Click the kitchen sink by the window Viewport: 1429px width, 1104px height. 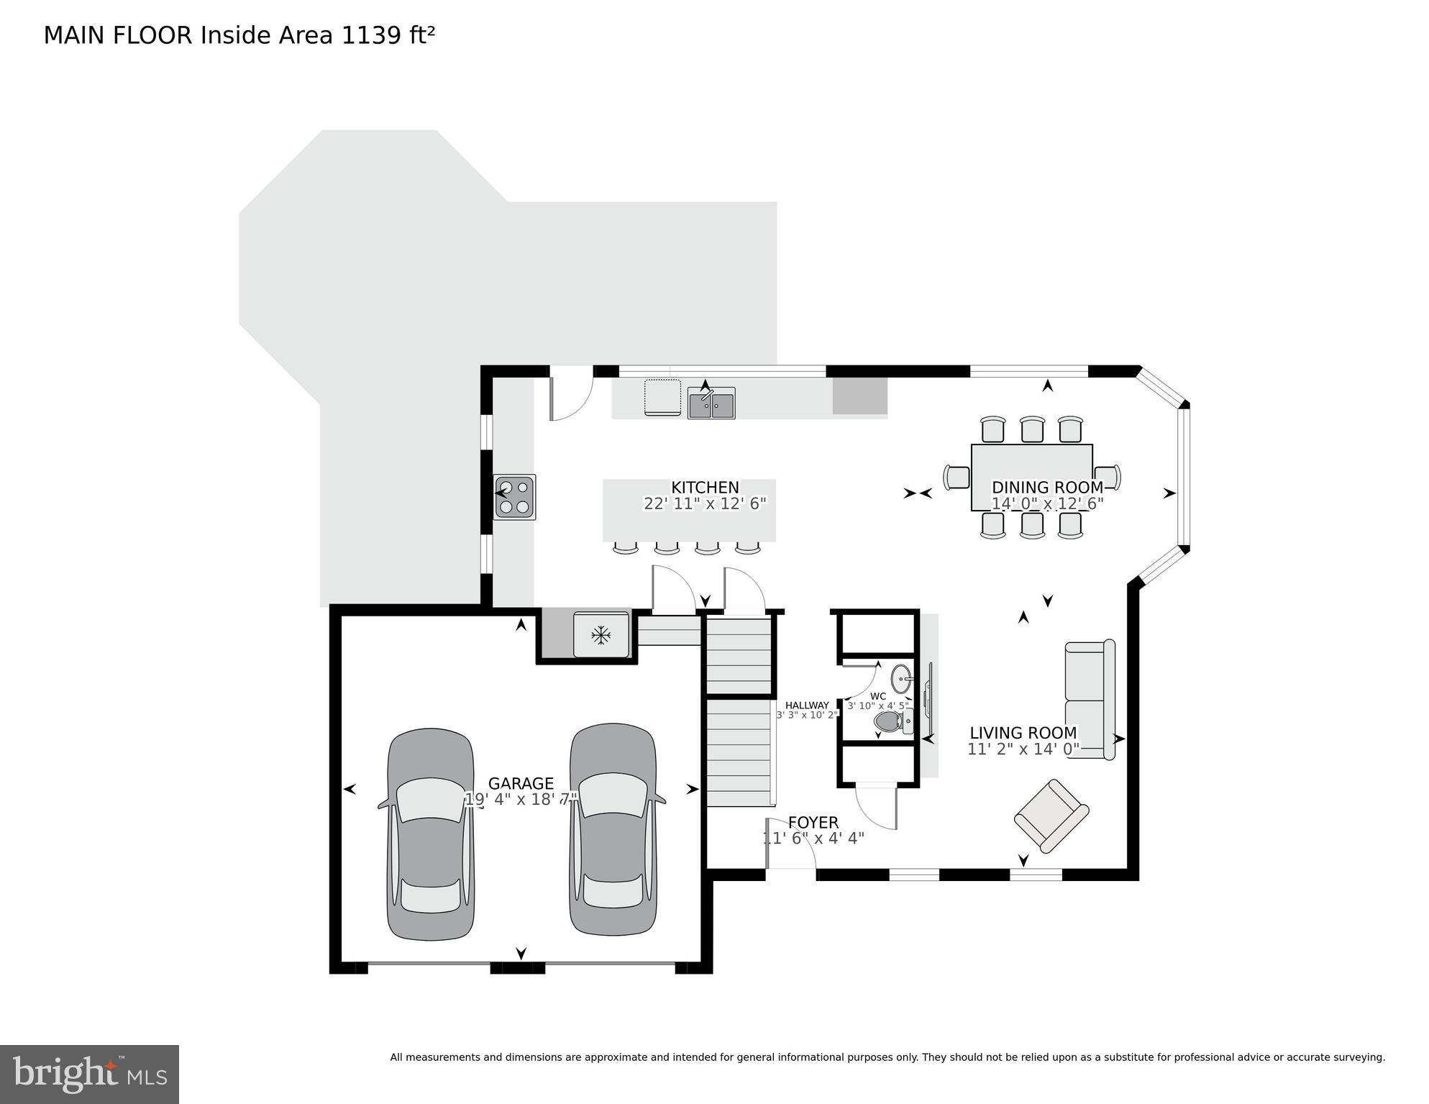point(711,403)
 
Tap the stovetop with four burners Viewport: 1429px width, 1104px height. point(514,497)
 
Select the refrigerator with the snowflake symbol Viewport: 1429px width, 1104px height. point(601,634)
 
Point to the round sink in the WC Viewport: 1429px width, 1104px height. point(901,678)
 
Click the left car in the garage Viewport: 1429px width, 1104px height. point(431,834)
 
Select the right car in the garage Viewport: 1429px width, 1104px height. point(613,829)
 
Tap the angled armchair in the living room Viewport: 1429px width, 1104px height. point(1051,815)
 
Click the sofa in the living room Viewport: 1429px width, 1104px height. point(1090,699)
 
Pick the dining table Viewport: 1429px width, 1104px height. point(1032,478)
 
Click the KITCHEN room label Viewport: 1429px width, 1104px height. point(705,488)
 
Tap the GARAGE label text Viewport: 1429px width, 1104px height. point(521,783)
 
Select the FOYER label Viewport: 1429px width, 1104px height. point(813,822)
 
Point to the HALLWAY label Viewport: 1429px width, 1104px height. point(807,705)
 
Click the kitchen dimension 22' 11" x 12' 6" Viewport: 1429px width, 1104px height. point(705,503)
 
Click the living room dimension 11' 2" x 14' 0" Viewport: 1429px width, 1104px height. point(1023,749)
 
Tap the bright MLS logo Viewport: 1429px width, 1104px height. point(89,1075)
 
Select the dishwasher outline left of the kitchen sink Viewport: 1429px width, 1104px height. point(662,397)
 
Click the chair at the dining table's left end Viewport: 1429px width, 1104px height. point(957,478)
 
